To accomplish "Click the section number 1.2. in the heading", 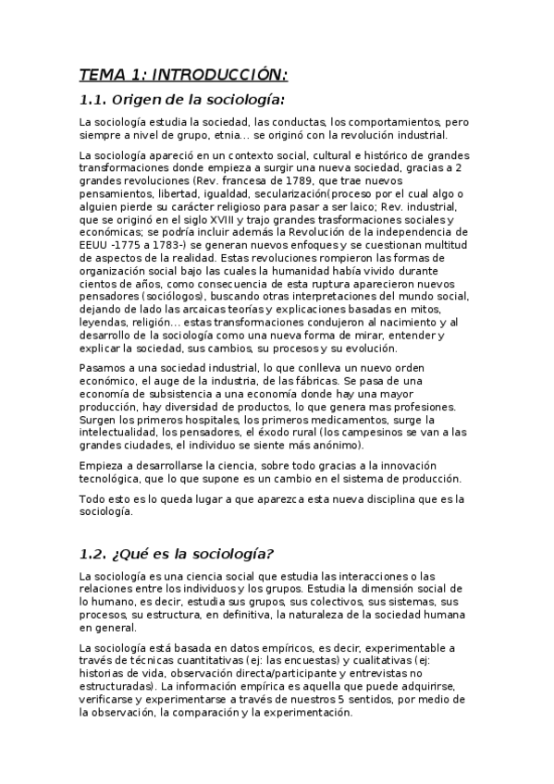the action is (x=94, y=554).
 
